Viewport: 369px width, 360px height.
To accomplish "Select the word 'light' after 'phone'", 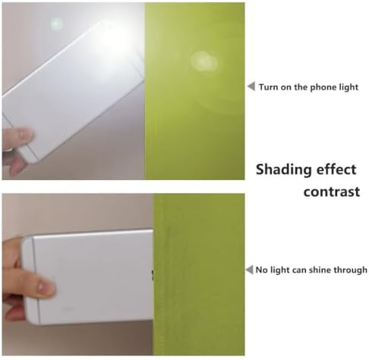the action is point(348,87).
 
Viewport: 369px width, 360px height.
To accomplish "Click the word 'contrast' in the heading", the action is point(332,191).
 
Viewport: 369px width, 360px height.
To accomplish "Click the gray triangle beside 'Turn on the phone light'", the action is point(251,87).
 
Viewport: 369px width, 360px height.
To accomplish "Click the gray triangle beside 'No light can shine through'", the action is point(249,270).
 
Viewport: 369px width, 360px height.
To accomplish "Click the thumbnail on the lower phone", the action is point(43,287).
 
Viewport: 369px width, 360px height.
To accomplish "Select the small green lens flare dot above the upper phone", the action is point(56,24).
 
